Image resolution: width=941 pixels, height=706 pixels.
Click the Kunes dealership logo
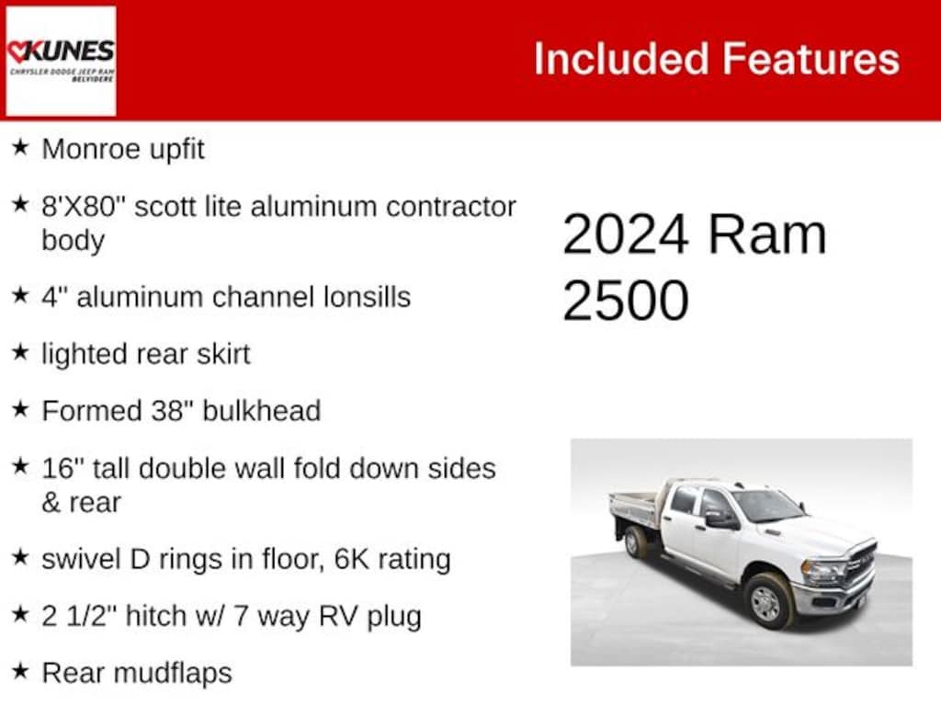61,61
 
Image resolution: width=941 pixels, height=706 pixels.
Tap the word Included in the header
621,59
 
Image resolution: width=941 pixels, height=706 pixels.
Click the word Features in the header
811,59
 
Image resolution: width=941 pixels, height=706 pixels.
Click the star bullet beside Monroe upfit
20,146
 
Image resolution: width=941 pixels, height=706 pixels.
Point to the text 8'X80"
82,206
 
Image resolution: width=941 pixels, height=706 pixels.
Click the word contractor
450,207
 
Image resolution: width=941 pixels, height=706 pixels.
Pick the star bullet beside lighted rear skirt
20,352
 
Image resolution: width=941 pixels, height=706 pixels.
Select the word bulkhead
262,411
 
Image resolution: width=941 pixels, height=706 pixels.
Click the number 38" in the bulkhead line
172,411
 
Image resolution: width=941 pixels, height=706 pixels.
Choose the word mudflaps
172,674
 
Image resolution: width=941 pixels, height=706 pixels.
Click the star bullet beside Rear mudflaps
20,670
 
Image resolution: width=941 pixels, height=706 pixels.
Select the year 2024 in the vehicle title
625,234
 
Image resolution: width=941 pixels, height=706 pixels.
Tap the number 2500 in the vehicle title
625,301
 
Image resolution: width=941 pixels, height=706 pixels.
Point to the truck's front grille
862,565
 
